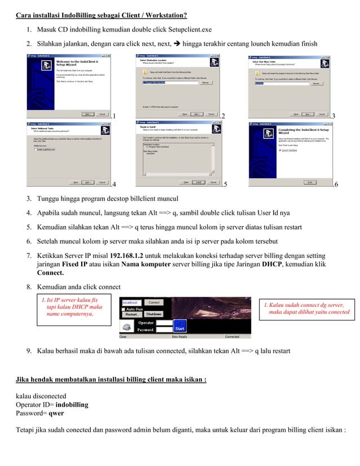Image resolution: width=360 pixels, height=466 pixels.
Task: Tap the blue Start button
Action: click(x=179, y=328)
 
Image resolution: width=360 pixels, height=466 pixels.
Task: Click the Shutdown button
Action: click(x=153, y=314)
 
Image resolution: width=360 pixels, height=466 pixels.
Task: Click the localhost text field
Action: click(x=131, y=302)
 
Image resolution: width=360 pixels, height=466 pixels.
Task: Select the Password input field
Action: click(x=163, y=329)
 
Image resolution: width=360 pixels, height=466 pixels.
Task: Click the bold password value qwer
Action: click(x=56, y=413)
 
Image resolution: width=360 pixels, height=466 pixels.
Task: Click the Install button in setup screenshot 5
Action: click(x=199, y=182)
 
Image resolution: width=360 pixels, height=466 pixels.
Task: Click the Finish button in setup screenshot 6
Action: click(x=310, y=182)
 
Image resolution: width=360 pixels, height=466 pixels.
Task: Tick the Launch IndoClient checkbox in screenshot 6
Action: click(x=280, y=150)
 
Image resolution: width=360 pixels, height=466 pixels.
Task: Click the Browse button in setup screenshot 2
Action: click(x=205, y=83)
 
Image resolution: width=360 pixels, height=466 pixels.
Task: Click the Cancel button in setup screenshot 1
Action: click(x=102, y=113)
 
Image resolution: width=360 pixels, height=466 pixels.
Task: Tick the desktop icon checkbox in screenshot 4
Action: click(x=36, y=150)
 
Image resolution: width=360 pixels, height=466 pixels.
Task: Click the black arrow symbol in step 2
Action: click(x=177, y=44)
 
